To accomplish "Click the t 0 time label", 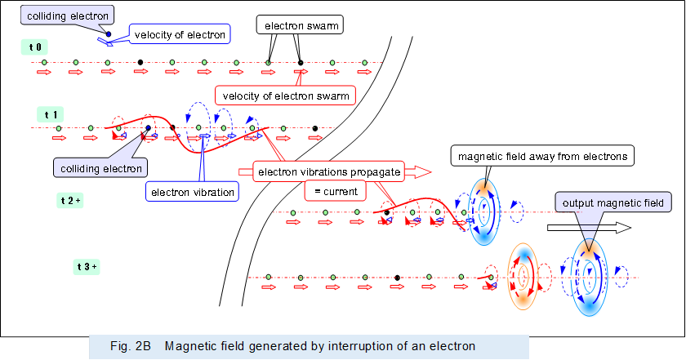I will click(35, 47).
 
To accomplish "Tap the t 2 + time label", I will click(71, 199).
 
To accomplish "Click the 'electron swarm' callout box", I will click(301, 26).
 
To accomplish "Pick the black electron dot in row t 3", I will click(397, 278).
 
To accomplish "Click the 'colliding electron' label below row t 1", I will click(100, 169).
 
